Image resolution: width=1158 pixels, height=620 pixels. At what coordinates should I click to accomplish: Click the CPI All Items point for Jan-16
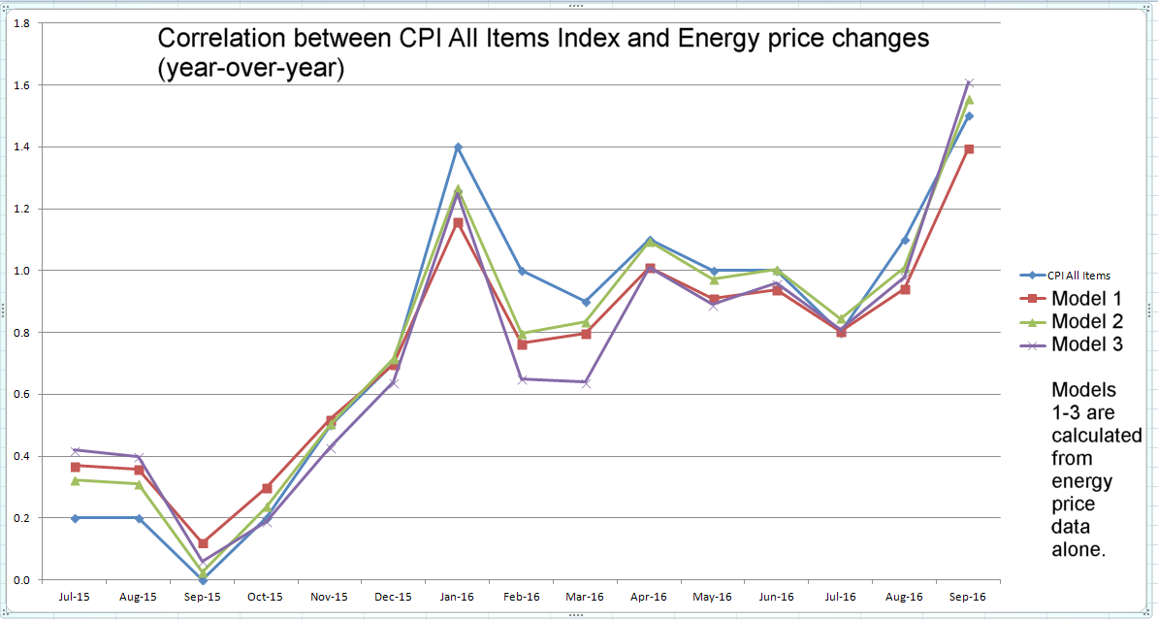click(458, 147)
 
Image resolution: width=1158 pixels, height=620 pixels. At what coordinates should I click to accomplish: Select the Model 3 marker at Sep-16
click(969, 83)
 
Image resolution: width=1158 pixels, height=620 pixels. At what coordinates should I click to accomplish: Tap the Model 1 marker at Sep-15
click(203, 543)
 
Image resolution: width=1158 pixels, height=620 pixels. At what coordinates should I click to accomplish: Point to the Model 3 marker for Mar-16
click(586, 382)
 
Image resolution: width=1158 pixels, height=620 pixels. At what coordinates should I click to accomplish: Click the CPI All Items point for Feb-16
click(522, 271)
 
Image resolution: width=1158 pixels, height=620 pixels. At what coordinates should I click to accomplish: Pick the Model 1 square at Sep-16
click(969, 149)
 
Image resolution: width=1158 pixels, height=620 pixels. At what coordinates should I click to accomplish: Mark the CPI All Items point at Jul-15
click(75, 518)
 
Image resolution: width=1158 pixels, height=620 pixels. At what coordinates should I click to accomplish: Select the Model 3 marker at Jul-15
click(75, 450)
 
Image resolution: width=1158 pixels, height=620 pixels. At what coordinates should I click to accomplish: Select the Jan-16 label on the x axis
click(458, 597)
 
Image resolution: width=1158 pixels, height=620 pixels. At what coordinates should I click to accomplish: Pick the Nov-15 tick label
click(330, 597)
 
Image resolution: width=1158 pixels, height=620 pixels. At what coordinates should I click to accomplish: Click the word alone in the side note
click(1079, 550)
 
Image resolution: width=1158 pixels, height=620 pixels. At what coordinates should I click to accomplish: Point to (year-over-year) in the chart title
click(251, 70)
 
